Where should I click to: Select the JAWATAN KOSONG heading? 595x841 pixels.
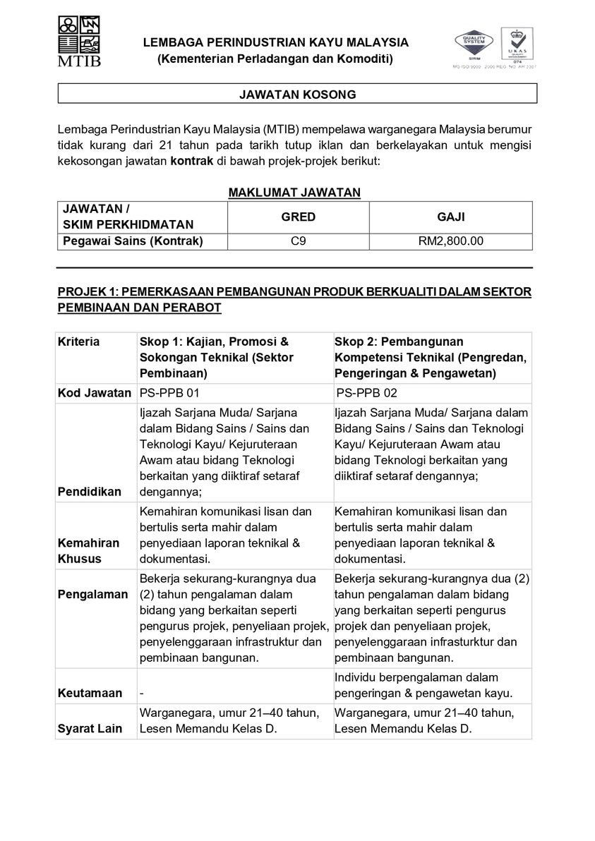tap(297, 94)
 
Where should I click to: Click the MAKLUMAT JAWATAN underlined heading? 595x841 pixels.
tap(294, 192)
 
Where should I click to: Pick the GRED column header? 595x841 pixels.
tap(298, 217)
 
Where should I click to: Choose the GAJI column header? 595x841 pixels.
tap(451, 217)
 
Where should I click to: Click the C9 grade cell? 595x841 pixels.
tap(298, 241)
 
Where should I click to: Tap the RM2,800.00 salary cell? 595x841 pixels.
tap(451, 241)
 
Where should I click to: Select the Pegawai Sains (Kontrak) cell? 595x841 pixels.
tap(133, 241)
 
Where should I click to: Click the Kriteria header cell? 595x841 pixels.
tap(79, 342)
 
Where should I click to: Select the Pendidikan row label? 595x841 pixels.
tap(90, 492)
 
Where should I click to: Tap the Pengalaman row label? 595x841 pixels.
tap(92, 594)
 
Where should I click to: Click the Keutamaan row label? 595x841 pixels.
tap(90, 694)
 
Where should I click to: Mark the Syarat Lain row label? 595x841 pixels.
tap(90, 729)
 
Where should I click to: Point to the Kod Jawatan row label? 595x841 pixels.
tap(95, 393)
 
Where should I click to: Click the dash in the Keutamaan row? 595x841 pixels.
tap(142, 694)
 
